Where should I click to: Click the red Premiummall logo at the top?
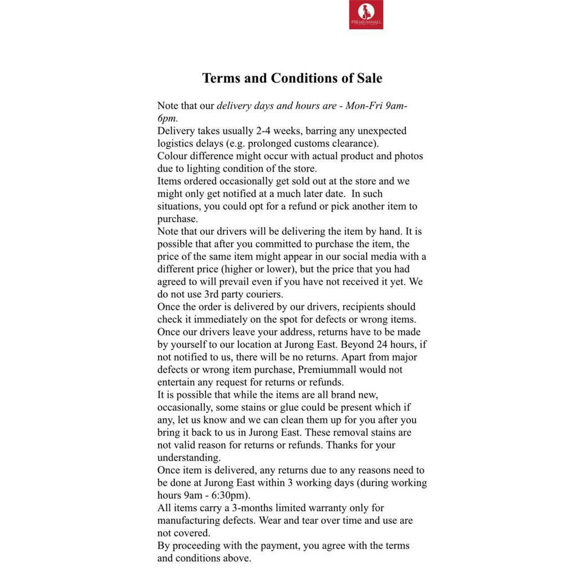[x=366, y=14]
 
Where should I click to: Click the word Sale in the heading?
[x=369, y=78]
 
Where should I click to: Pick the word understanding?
[x=189, y=458]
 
